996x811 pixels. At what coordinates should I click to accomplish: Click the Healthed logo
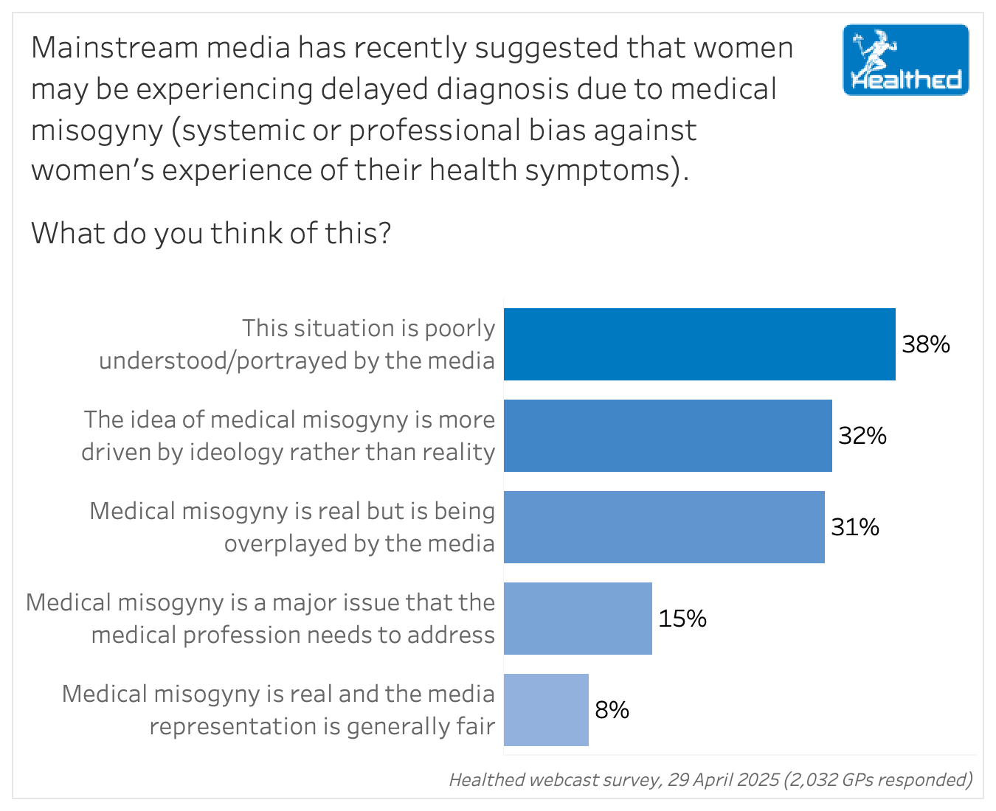pyautogui.click(x=905, y=60)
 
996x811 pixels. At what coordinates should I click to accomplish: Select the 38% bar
pyautogui.click(x=699, y=344)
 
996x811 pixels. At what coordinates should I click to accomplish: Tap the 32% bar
pyautogui.click(x=668, y=436)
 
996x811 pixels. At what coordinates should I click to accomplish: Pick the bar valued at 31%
pyautogui.click(x=664, y=527)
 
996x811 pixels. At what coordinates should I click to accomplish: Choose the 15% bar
pyautogui.click(x=578, y=619)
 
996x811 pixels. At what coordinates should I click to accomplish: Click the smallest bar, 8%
pyautogui.click(x=546, y=710)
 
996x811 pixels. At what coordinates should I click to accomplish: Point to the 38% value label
pyautogui.click(x=926, y=344)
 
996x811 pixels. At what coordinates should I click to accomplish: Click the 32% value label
pyautogui.click(x=862, y=436)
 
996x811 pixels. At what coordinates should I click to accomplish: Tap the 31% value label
pyautogui.click(x=855, y=527)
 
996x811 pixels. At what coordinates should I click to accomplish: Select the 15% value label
pyautogui.click(x=682, y=619)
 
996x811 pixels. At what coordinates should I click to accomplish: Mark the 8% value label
pyautogui.click(x=612, y=710)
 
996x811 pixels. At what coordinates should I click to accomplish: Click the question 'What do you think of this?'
pyautogui.click(x=211, y=234)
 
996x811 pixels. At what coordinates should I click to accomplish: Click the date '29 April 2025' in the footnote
pyautogui.click(x=723, y=780)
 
